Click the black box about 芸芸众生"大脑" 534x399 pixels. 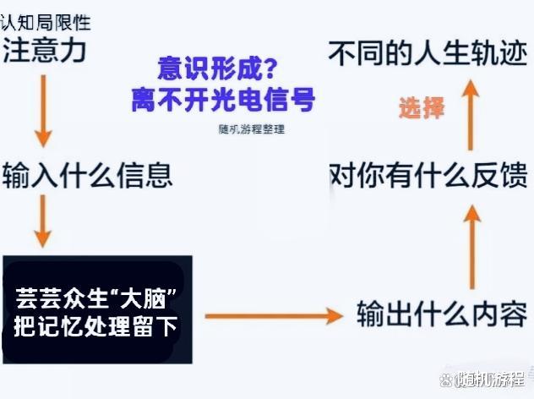97,310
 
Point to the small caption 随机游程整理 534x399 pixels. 252,130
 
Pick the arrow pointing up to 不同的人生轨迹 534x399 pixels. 473,109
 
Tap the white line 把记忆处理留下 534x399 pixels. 96,325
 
